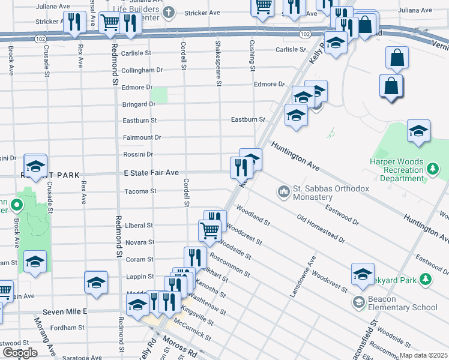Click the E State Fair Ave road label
click(151, 173)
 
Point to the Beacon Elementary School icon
click(359, 302)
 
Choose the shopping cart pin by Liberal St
click(209, 230)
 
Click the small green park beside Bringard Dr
click(159, 95)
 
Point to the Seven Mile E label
click(64, 312)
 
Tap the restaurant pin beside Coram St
click(195, 257)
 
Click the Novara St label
click(140, 242)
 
